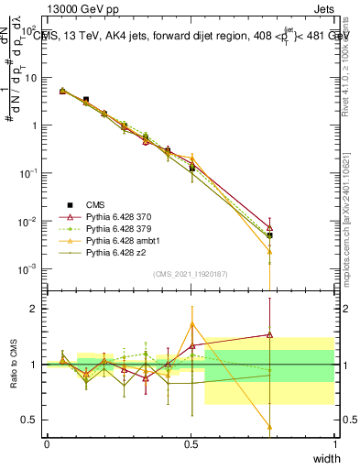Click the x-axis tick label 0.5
pos(191,444)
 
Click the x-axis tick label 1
pos(334,444)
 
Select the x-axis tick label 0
pos(47,444)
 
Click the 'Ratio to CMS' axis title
pos(12,364)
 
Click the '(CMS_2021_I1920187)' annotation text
pos(191,274)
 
